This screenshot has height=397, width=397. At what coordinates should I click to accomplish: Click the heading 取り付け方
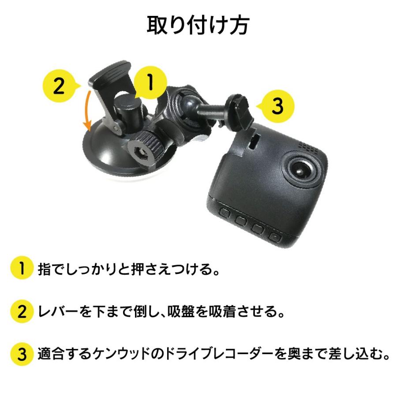[x=198, y=25]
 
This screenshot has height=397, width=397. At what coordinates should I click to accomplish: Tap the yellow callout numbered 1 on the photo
[x=150, y=83]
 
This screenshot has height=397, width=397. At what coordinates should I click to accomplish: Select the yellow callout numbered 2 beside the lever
[x=59, y=86]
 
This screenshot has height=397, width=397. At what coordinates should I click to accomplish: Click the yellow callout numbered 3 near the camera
[x=277, y=106]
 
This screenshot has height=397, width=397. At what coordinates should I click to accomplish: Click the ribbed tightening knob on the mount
[x=145, y=150]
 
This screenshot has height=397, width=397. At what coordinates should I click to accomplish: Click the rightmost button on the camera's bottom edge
[x=275, y=236]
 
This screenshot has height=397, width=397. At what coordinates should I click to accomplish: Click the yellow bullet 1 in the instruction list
[x=22, y=268]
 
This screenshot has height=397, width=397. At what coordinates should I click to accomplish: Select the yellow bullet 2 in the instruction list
[x=22, y=311]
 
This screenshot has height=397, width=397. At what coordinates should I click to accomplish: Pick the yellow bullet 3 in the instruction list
[x=22, y=354]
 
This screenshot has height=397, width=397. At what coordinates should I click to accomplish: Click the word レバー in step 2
[x=58, y=311]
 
